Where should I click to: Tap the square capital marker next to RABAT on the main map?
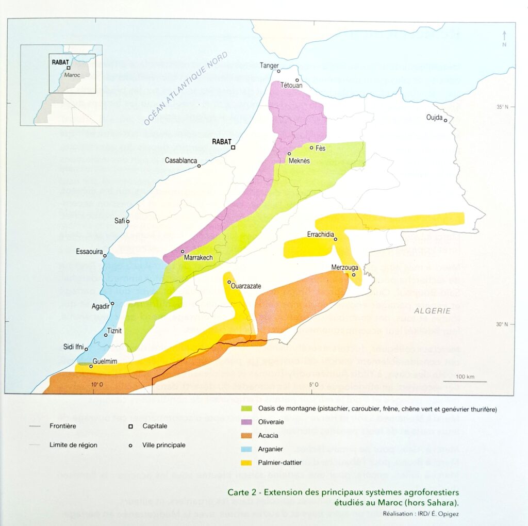point(233,147)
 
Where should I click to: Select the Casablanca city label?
point(181,160)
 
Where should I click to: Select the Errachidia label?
point(321,233)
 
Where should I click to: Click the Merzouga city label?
point(344,268)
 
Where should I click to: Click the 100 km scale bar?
point(467,381)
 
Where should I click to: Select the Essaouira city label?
point(90,252)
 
